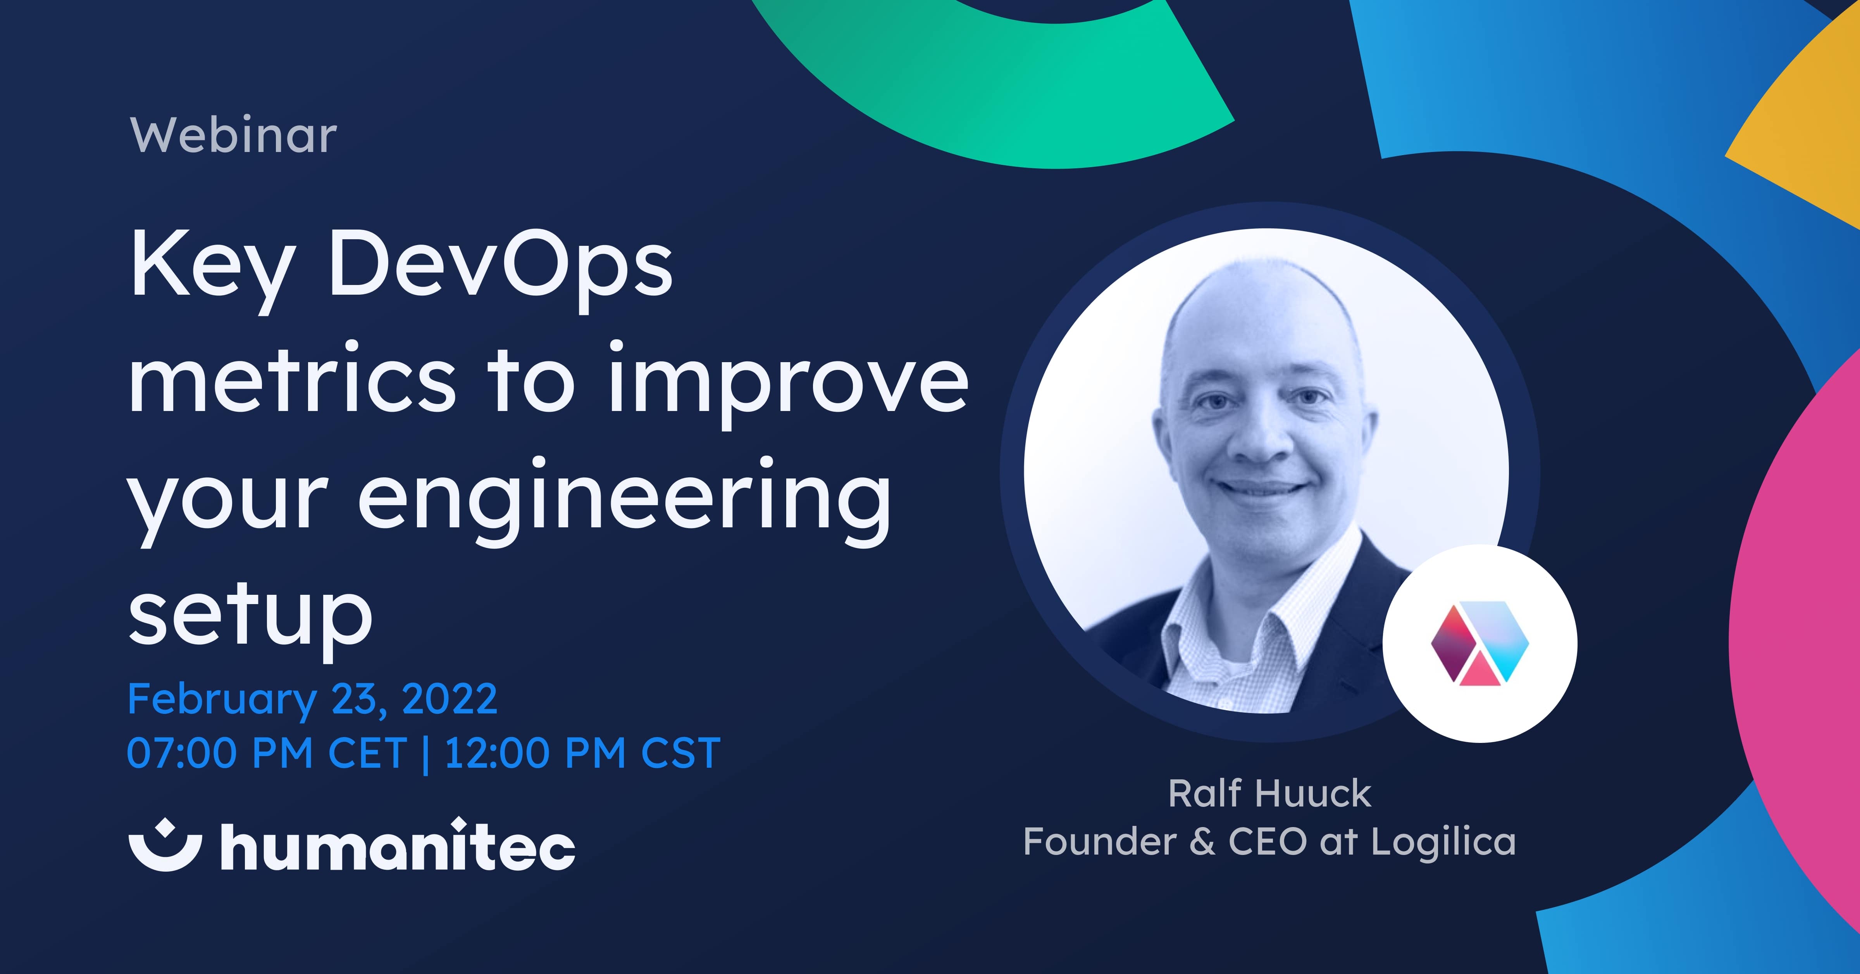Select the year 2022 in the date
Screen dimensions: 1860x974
click(x=449, y=699)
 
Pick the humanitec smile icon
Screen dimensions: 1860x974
click(x=165, y=847)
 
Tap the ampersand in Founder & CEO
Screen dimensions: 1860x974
click(x=1202, y=842)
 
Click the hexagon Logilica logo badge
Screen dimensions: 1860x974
click(x=1480, y=644)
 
